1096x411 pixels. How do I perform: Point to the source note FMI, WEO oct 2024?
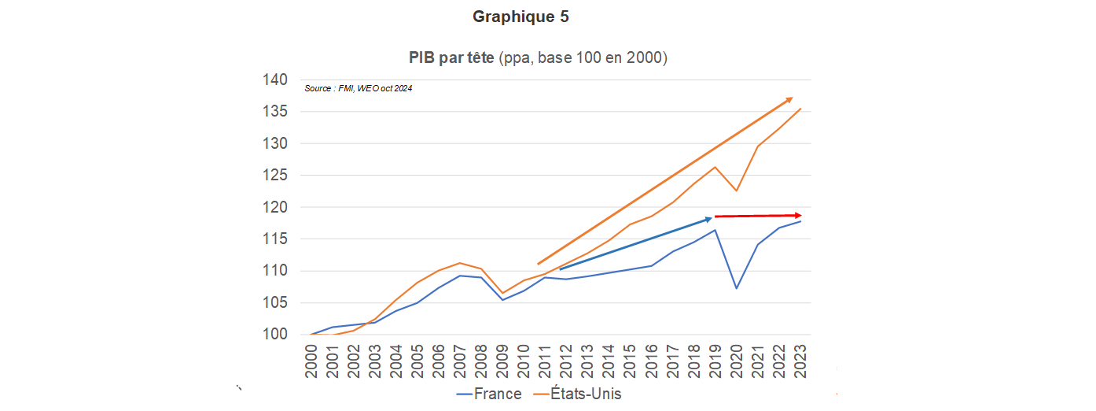point(358,88)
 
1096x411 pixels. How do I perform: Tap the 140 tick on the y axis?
point(275,80)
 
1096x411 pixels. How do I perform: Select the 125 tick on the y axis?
point(275,176)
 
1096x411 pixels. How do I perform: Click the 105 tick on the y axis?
point(275,303)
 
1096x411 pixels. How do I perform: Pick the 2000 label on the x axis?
point(311,361)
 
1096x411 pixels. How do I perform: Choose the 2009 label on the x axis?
point(502,361)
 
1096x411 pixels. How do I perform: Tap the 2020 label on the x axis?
point(737,361)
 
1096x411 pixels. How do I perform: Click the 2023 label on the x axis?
point(800,361)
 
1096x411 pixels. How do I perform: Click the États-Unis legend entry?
point(577,394)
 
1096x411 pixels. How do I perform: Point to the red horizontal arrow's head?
point(798,215)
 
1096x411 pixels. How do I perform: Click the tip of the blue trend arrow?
point(710,218)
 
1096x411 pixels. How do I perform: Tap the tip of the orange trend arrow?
point(790,98)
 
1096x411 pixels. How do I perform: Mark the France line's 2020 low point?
point(737,288)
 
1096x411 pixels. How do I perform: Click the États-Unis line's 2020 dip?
point(737,191)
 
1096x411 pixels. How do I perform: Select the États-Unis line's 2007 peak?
point(460,263)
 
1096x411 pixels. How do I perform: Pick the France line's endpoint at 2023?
point(800,221)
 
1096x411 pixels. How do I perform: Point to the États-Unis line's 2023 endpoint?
point(800,109)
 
